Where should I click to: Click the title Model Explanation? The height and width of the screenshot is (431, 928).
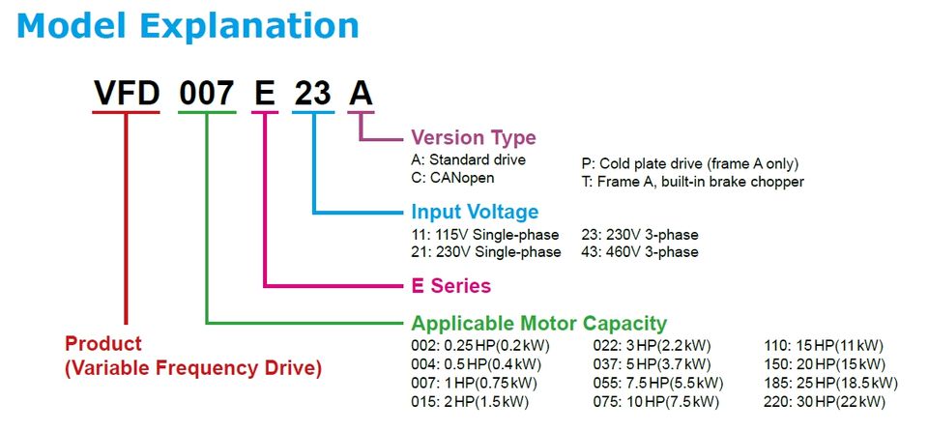(x=188, y=25)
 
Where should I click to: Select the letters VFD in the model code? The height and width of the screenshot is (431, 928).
(x=126, y=93)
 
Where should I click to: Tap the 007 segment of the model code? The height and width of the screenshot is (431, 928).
(x=205, y=93)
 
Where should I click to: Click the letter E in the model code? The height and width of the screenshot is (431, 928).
(x=264, y=93)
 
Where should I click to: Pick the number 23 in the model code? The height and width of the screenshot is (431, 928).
(x=312, y=93)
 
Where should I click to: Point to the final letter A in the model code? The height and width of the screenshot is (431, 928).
(x=360, y=93)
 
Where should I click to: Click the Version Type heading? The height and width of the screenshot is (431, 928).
(x=474, y=137)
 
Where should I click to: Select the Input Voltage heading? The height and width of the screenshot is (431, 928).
(x=475, y=212)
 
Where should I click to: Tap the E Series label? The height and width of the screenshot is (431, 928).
(x=450, y=286)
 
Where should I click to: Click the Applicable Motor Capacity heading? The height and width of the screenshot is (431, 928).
(x=538, y=324)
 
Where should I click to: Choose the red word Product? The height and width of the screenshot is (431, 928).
(x=103, y=344)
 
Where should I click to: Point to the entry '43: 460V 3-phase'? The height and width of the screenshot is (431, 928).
(x=640, y=252)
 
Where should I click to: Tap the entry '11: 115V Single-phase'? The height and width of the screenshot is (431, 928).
(x=485, y=235)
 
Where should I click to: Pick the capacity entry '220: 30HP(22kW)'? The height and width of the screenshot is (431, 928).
(x=825, y=401)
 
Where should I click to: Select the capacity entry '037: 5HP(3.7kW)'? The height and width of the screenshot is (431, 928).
(x=652, y=364)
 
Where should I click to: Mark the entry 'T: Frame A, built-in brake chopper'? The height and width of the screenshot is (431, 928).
(x=692, y=181)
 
